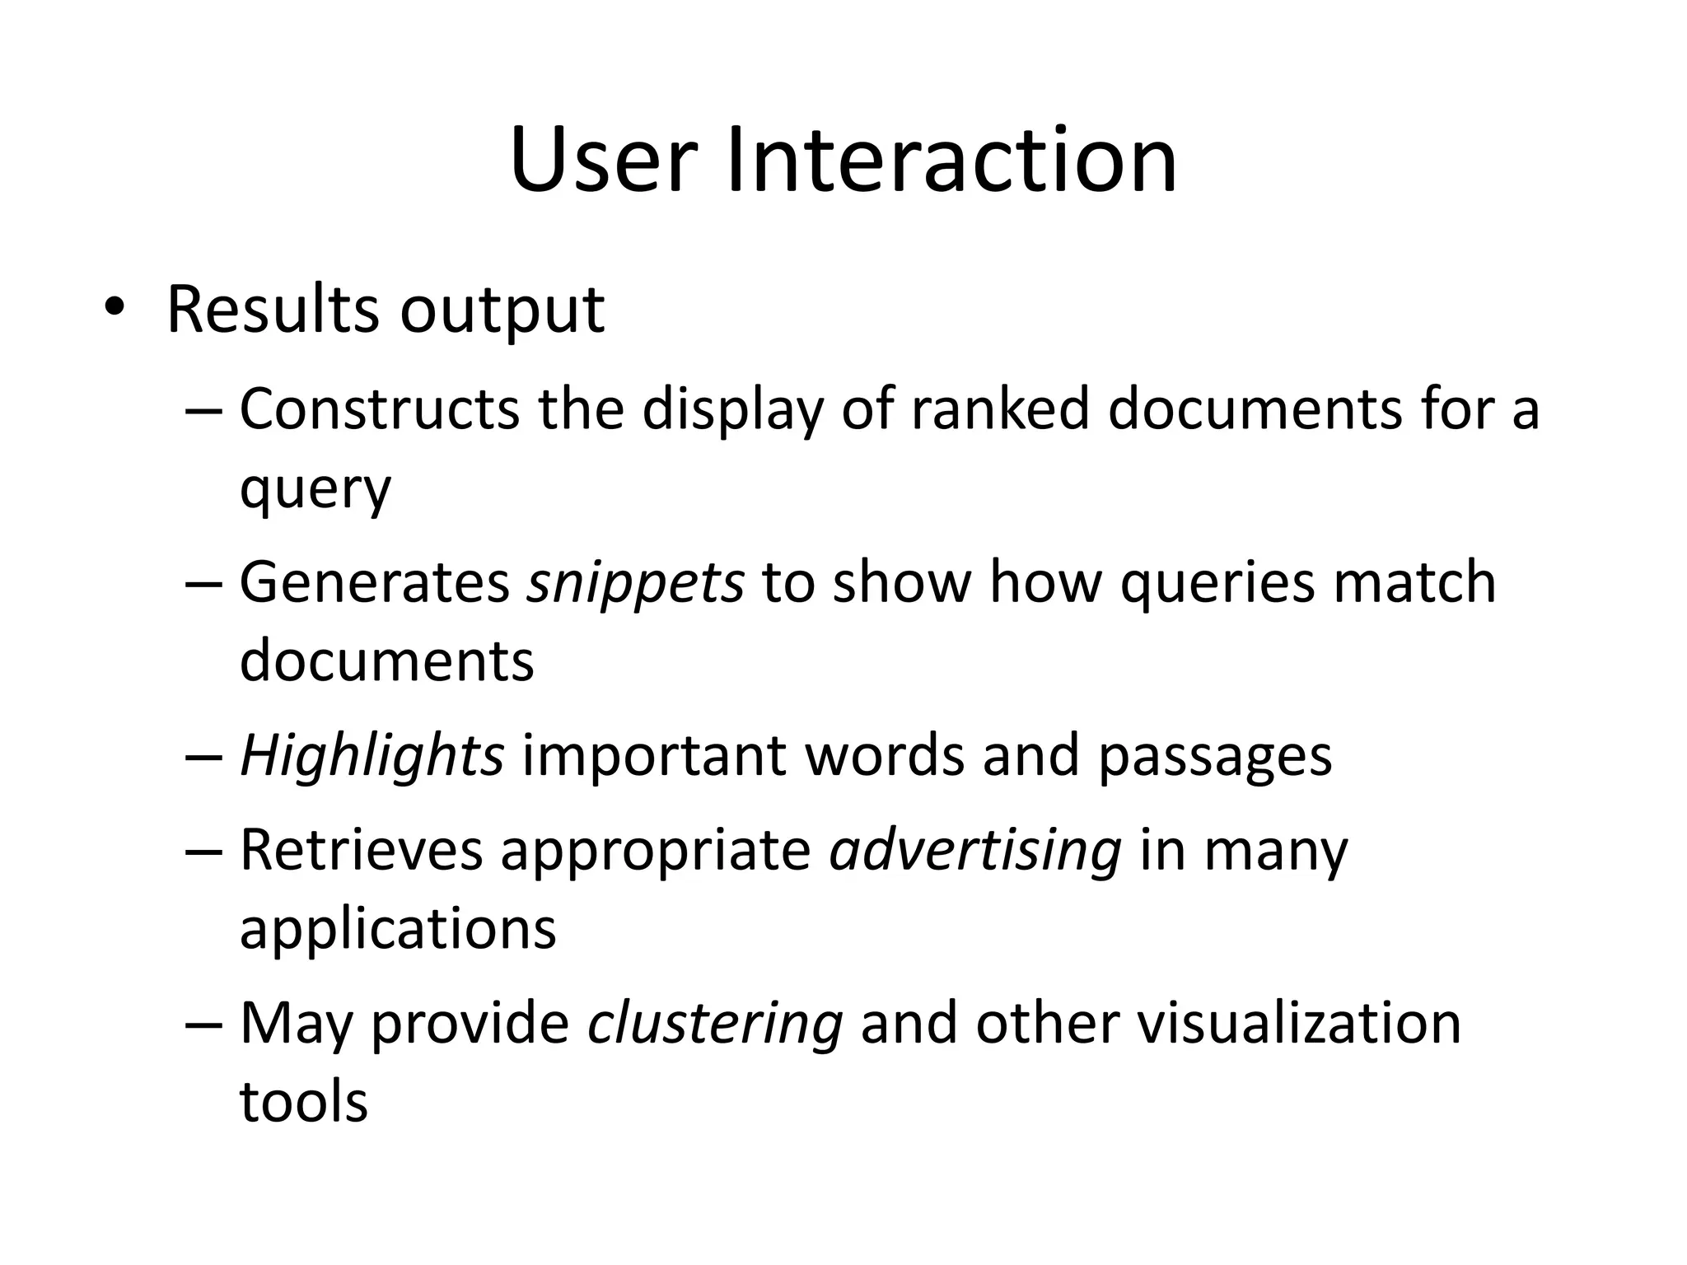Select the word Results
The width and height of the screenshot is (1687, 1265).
[x=273, y=310]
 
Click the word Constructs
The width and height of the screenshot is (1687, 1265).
[x=379, y=409]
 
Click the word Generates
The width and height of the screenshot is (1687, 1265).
[x=375, y=582]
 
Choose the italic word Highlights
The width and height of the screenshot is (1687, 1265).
[x=372, y=756]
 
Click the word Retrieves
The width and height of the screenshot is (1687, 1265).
[x=361, y=850]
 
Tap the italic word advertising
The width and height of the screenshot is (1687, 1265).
[x=975, y=852]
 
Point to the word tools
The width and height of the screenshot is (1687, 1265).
[x=303, y=1102]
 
